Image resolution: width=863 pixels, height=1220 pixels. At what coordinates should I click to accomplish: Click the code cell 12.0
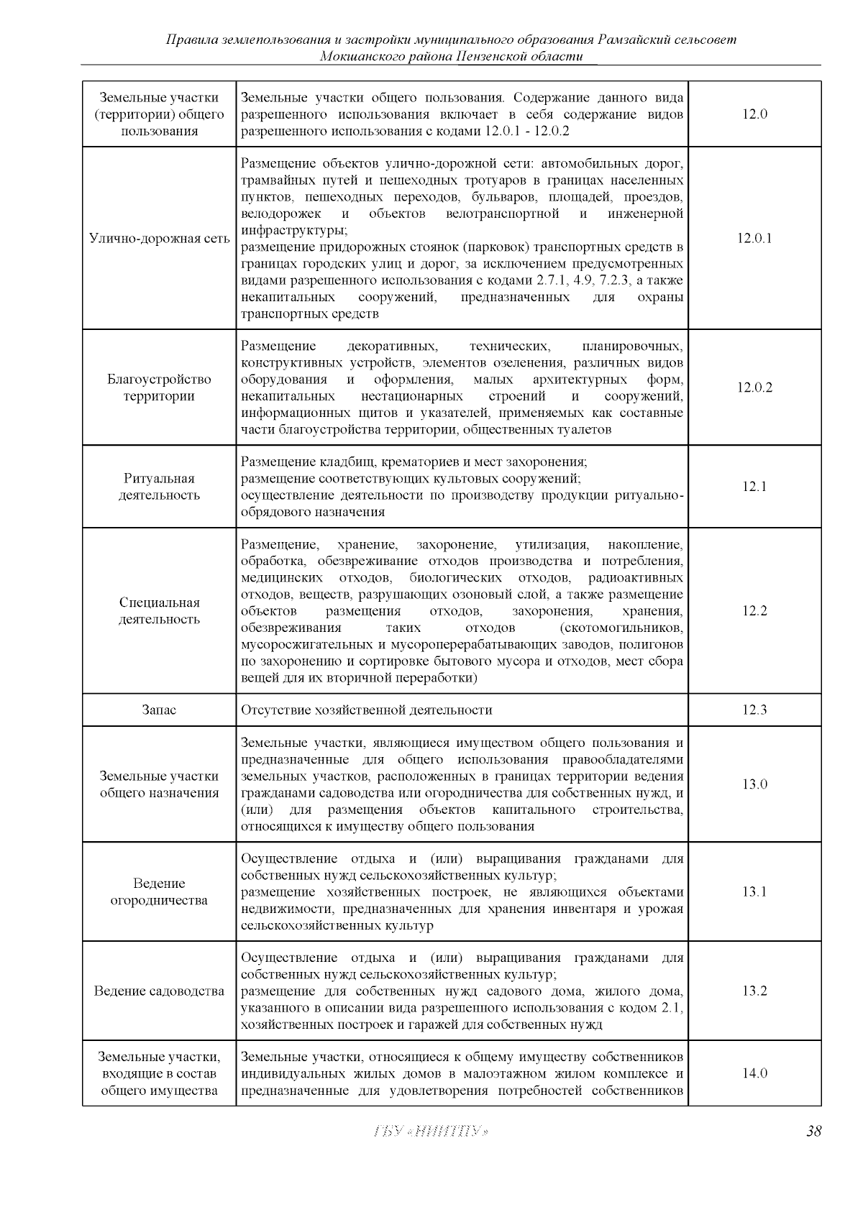pos(754,114)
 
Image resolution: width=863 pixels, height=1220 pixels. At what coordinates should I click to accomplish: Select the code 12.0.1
pos(754,239)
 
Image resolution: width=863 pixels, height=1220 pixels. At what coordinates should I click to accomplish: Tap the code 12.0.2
pos(754,387)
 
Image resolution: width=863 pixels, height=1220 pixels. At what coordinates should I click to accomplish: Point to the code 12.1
pos(754,487)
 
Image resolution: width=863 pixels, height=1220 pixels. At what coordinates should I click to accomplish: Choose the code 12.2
pos(754,611)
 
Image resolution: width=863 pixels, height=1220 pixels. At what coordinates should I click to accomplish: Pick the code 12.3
pos(754,710)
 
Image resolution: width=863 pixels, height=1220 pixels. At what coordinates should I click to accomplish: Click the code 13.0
pos(754,784)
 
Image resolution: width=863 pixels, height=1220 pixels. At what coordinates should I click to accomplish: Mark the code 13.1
pos(754,892)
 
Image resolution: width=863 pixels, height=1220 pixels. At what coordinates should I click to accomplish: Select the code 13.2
pos(754,991)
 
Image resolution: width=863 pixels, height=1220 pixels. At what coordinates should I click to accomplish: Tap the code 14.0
pos(754,1074)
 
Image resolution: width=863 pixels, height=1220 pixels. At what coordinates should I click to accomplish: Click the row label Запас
pos(159,710)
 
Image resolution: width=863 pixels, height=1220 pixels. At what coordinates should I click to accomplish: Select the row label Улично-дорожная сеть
pos(159,239)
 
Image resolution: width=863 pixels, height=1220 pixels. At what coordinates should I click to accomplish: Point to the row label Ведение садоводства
pos(159,991)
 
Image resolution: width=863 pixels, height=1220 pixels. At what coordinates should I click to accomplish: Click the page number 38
pos(813,1132)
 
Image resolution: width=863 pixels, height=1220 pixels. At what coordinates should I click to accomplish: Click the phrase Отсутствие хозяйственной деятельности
pos(367,710)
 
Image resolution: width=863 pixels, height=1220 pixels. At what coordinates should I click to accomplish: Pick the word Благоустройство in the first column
pos(159,380)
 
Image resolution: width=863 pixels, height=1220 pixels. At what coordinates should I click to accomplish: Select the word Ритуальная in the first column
pos(159,479)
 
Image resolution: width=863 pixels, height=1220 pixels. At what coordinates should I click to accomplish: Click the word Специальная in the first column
pos(159,603)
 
